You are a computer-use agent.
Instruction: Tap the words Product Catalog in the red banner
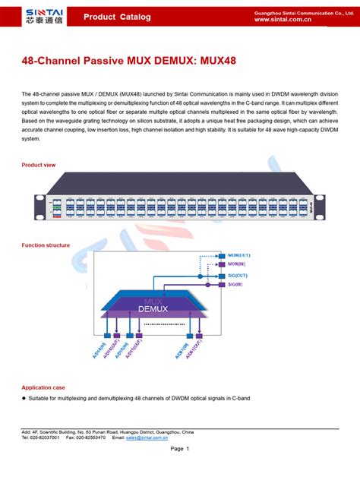point(116,17)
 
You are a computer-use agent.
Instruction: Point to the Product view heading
point(39,165)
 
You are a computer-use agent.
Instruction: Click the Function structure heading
point(46,245)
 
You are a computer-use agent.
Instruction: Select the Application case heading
point(43,387)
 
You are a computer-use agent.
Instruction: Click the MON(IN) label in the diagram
point(236,265)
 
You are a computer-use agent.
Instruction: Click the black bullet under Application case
point(24,398)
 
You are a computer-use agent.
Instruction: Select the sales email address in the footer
point(158,438)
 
